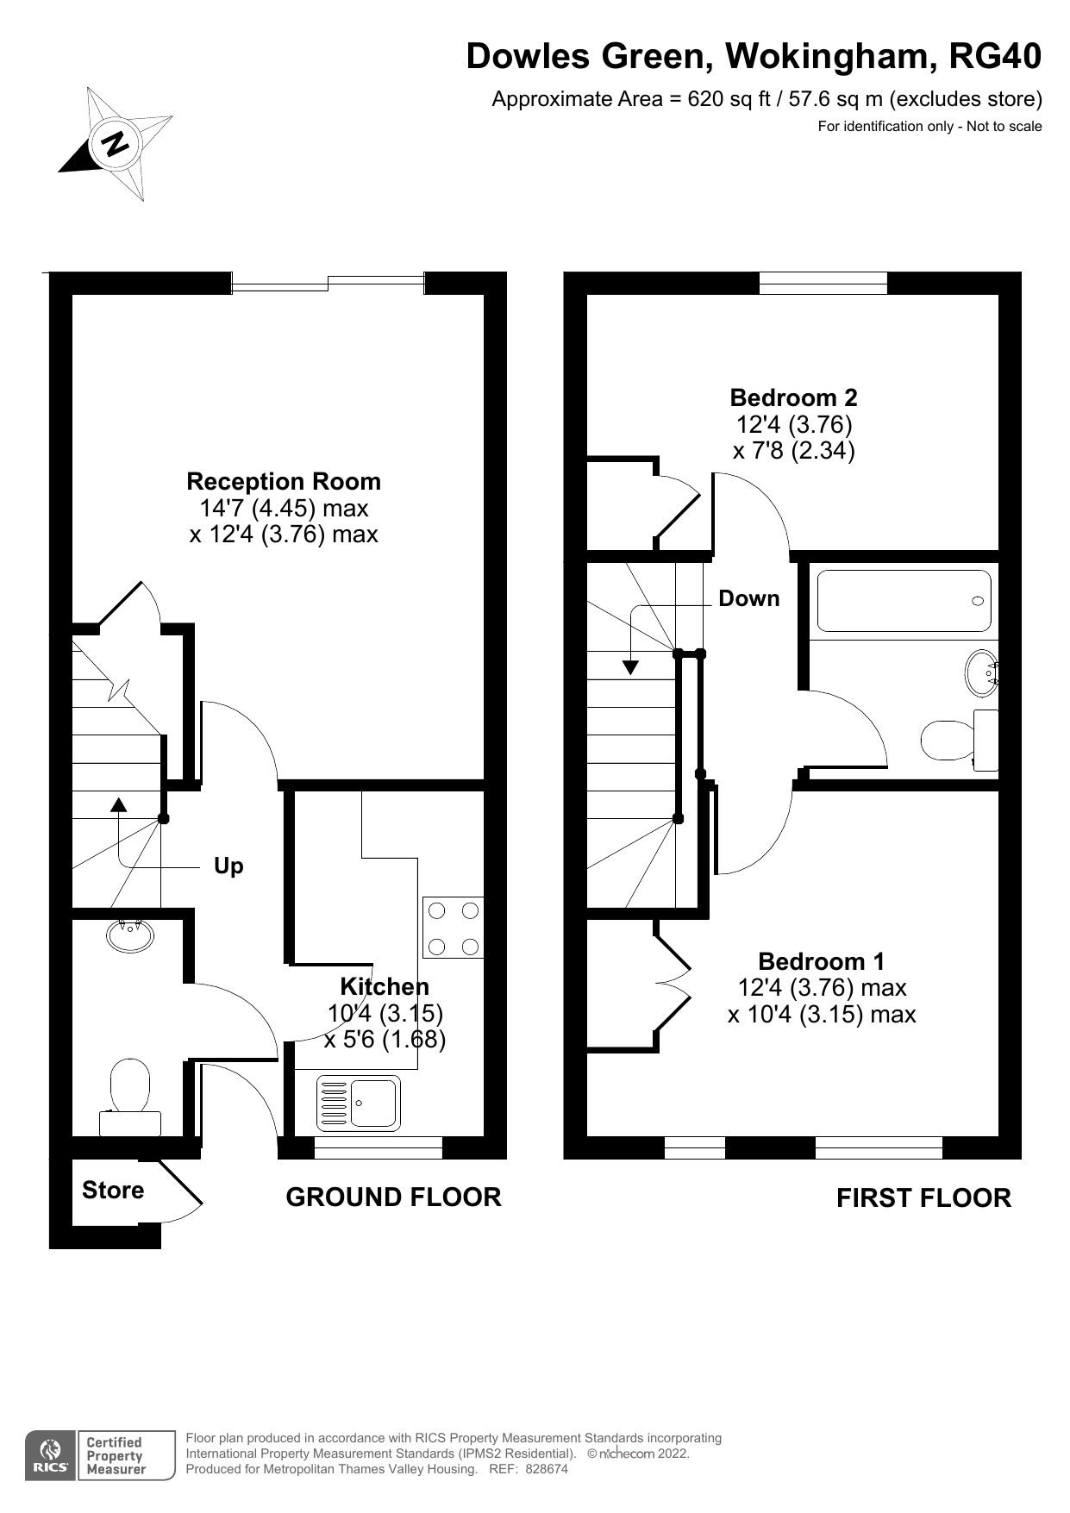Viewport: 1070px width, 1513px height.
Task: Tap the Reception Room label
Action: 284,481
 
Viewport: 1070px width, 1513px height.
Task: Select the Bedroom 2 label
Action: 793,397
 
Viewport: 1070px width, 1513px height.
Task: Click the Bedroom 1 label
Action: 821,961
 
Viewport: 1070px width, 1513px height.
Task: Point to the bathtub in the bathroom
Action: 904,601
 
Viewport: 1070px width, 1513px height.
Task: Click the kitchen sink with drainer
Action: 358,1103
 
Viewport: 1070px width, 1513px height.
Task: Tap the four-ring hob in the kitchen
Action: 453,928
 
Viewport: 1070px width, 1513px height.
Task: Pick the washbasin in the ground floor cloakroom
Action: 130,935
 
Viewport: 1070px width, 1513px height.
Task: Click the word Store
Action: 113,1191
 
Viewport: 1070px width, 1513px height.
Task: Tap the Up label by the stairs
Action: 228,866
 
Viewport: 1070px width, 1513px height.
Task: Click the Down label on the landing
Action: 748,598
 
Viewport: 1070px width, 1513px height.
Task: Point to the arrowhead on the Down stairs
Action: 630,666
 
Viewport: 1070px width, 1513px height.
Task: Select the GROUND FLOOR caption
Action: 393,1197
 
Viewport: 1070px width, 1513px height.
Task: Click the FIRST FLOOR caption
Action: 923,1198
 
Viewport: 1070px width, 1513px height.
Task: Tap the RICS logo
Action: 51,1456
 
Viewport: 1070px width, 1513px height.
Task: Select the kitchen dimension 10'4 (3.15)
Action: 385,1013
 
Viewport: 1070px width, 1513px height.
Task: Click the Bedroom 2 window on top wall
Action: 823,283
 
